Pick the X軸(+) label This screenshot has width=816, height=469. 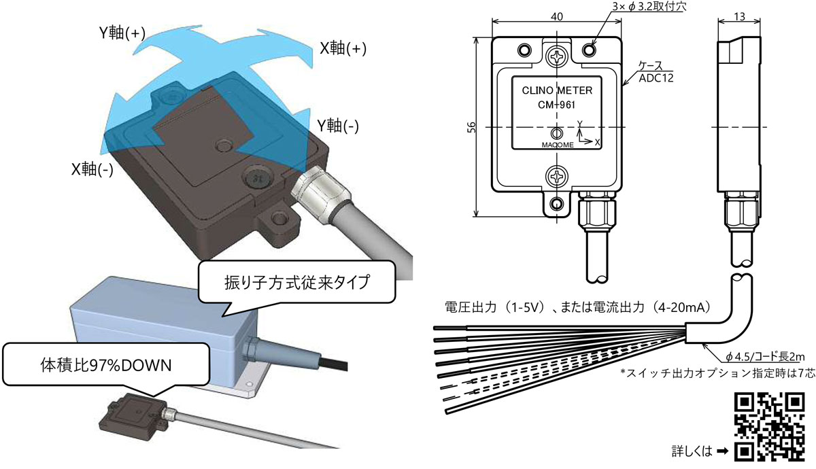[343, 48]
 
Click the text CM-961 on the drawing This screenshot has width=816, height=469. [556, 106]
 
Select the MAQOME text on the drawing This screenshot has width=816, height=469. [556, 144]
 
